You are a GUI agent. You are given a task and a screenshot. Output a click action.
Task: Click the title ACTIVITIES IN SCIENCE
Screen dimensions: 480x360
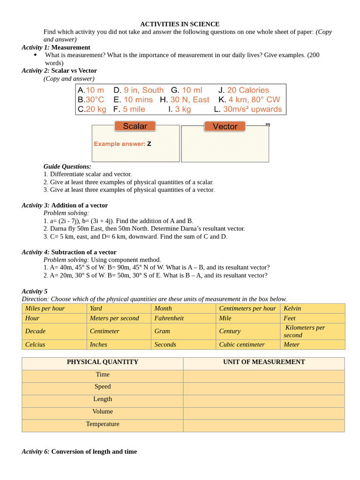180,24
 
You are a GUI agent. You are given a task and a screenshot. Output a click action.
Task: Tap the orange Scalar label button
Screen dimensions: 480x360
135,126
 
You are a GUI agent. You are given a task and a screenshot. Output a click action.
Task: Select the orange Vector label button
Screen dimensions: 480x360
225,127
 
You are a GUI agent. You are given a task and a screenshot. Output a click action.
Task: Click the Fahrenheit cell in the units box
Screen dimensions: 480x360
169,318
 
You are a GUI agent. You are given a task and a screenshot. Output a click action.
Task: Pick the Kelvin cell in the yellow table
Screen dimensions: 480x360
292,308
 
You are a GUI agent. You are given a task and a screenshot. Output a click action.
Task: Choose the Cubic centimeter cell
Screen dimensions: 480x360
241,344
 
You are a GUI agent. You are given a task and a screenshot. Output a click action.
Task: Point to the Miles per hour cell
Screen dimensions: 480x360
45,308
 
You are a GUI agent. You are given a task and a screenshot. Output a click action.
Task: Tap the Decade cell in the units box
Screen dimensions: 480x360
36,331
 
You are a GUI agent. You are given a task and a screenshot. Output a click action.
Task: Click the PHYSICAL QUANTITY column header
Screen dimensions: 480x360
102,362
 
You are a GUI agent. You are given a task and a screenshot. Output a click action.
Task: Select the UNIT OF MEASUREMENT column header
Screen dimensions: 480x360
264,362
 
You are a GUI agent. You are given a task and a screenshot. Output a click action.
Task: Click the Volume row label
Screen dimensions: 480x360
103,411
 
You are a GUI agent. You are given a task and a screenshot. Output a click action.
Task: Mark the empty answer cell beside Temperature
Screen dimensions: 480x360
264,425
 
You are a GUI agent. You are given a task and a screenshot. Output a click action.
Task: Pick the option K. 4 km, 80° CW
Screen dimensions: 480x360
249,99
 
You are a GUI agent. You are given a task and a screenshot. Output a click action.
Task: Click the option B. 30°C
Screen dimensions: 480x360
91,99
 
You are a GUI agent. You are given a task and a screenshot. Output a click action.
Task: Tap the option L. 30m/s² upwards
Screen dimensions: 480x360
248,109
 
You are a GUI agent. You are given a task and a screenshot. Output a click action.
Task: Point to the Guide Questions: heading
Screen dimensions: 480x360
67,166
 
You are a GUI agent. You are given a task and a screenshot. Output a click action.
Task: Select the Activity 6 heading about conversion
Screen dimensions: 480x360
79,451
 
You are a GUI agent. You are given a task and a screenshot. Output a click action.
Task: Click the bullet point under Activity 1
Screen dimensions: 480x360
36,55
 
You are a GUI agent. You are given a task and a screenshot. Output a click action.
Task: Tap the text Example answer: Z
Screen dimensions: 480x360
122,144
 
